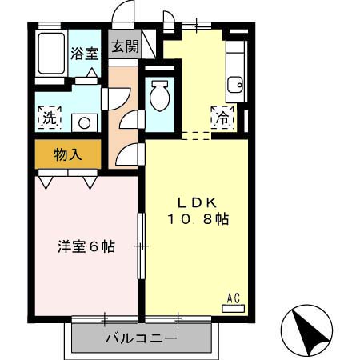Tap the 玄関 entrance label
pos(124,46)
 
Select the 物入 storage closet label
pos(68,153)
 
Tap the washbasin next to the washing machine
pos(82,122)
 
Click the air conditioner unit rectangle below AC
pos(233,306)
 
